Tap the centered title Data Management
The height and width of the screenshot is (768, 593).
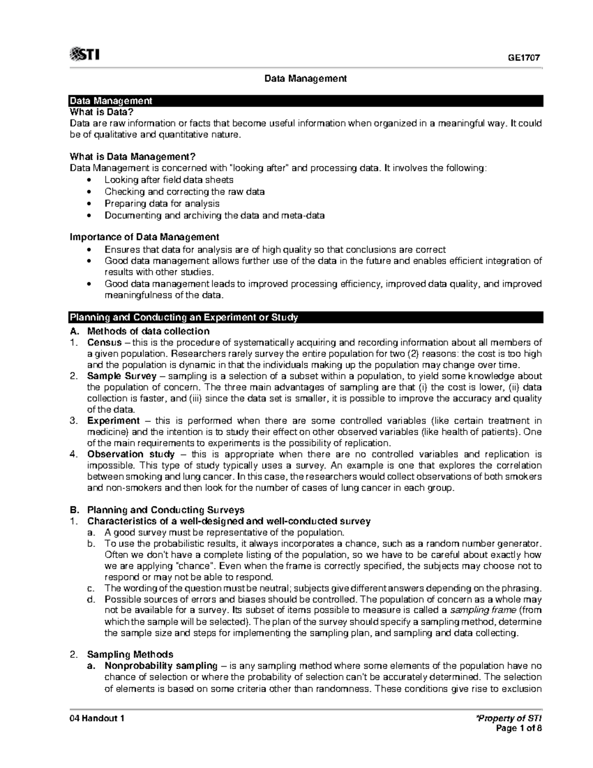(x=306, y=79)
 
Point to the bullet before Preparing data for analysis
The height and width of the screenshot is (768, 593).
(x=88, y=204)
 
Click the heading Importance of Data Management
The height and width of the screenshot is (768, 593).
(x=145, y=237)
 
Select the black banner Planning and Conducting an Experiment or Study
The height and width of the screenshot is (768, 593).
(x=184, y=317)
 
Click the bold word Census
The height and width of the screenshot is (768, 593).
(x=104, y=342)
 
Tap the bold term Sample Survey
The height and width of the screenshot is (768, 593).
(x=115, y=376)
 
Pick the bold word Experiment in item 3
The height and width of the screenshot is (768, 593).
(x=113, y=421)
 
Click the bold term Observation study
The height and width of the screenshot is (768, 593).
(x=130, y=454)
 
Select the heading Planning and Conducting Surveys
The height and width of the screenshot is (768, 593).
(x=166, y=510)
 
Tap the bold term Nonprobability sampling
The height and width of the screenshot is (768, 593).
(x=161, y=666)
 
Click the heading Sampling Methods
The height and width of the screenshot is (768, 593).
(x=130, y=654)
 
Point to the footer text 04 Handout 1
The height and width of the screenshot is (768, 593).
(x=97, y=719)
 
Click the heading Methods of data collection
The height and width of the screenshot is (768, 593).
(x=148, y=331)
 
